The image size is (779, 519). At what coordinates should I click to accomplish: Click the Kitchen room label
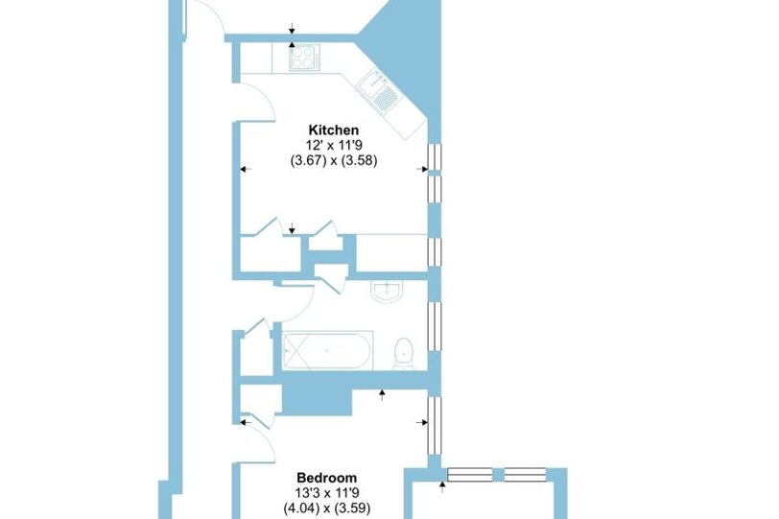(333, 130)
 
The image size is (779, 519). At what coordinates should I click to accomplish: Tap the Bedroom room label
(327, 478)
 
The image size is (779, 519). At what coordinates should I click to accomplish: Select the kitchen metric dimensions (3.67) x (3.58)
(334, 161)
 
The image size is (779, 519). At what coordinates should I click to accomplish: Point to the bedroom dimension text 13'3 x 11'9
(327, 493)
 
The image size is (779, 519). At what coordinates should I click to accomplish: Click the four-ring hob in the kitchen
(304, 58)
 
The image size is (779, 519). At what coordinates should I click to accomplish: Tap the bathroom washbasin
(387, 292)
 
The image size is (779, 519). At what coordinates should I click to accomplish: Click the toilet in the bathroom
(404, 354)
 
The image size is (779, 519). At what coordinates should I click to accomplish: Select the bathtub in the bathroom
(327, 350)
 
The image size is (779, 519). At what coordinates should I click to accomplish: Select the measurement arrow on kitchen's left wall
(246, 169)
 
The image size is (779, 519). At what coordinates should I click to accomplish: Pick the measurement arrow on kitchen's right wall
(422, 169)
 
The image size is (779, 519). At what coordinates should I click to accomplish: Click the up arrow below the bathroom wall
(382, 395)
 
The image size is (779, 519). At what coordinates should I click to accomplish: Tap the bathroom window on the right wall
(435, 326)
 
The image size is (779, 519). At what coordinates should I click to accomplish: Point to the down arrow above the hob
(292, 29)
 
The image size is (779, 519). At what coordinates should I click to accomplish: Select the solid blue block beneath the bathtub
(317, 399)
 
